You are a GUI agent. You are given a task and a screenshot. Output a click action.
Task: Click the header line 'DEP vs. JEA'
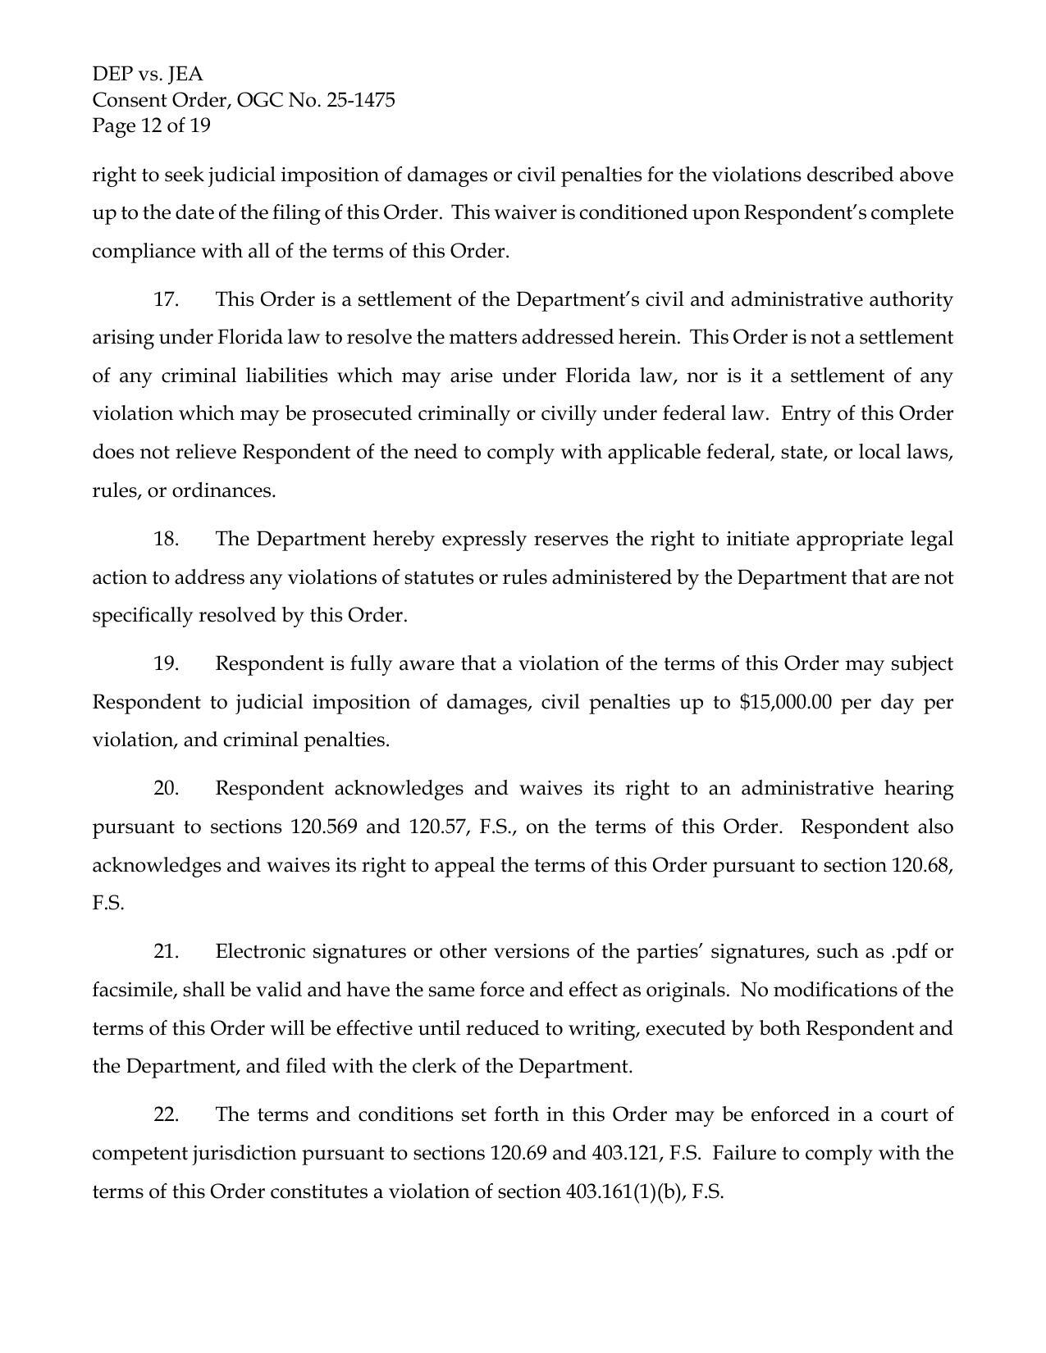148,75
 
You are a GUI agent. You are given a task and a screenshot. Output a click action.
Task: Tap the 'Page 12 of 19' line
151,125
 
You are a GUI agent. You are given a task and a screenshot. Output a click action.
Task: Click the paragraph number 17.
166,299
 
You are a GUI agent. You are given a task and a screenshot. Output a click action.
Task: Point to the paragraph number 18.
166,539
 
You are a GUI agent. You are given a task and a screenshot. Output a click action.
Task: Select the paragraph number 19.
166,663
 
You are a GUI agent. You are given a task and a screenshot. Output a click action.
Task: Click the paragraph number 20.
166,788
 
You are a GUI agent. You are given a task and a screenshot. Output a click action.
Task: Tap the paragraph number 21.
166,951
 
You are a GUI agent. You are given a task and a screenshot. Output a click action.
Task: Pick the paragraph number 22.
166,1114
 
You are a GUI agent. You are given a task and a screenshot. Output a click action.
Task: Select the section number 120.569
324,827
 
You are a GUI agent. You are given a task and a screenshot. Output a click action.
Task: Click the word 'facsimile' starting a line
133,990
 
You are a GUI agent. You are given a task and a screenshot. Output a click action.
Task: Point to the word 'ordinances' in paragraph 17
222,490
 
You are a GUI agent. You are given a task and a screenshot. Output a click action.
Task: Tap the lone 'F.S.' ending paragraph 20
108,904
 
